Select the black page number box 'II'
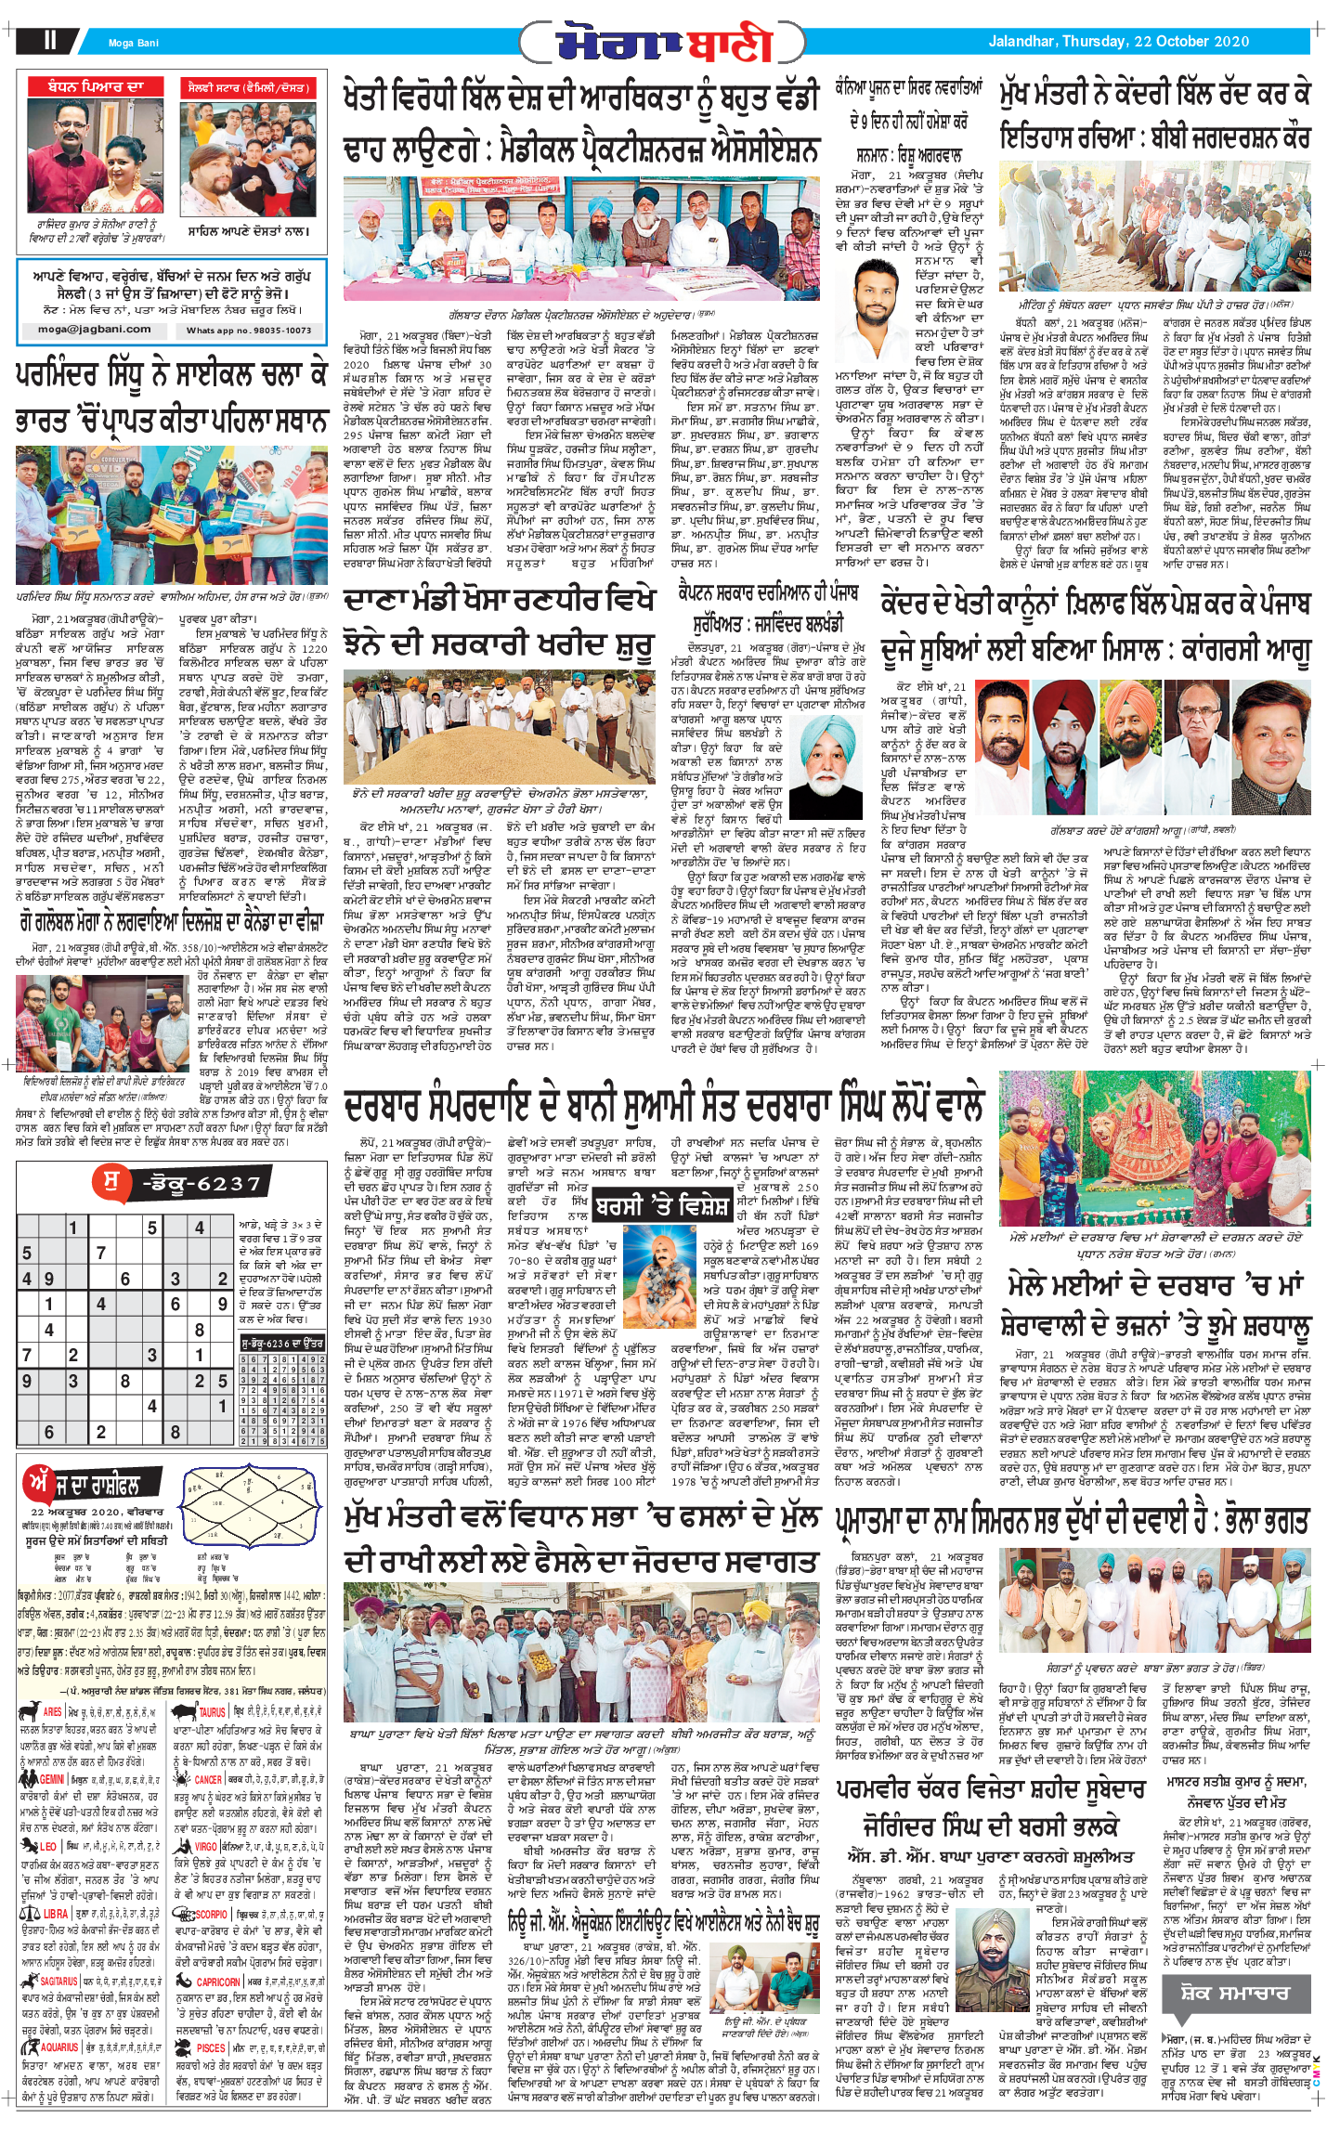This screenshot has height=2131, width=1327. coord(49,40)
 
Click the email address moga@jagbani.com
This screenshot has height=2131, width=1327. coord(94,329)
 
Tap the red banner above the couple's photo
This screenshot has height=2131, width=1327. coord(96,87)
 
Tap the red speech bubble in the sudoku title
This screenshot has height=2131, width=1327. coord(111,1181)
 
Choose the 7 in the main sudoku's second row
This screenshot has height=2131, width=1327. coord(100,1252)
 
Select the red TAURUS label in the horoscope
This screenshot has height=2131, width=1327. coord(212,1712)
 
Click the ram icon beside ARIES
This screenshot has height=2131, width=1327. coord(28,1711)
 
